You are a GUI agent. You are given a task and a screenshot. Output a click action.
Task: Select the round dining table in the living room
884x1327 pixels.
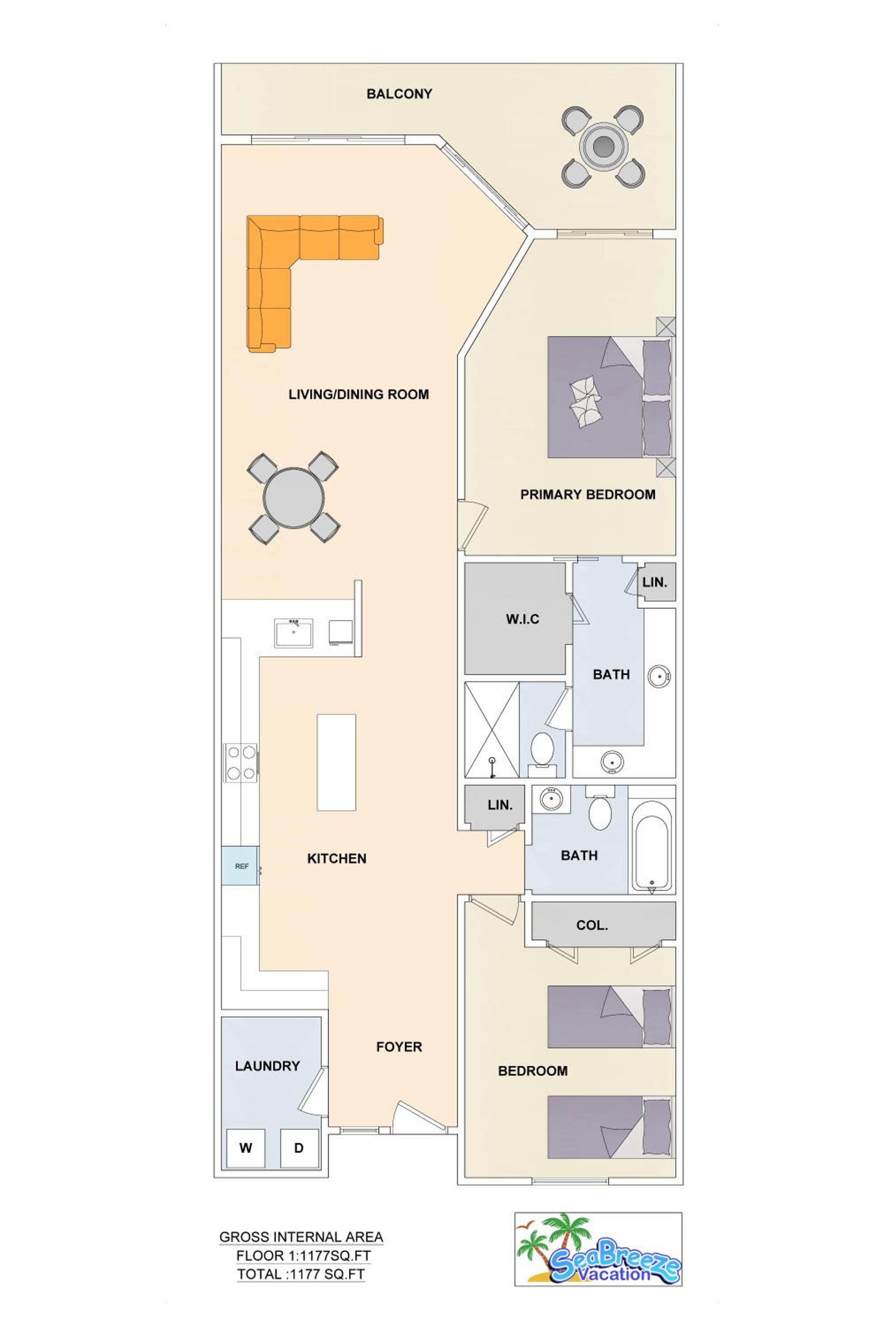click(x=294, y=498)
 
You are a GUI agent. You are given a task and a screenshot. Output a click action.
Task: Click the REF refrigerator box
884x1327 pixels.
click(x=241, y=866)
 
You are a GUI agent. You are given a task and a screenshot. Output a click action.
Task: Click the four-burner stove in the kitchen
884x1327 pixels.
click(x=241, y=763)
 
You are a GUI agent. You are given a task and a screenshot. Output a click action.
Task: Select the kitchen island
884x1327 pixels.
click(x=336, y=762)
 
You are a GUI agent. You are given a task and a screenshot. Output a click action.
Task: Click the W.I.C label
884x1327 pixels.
click(x=522, y=619)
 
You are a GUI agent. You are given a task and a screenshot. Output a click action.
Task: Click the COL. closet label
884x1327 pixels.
click(x=592, y=925)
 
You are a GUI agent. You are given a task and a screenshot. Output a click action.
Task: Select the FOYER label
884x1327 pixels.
click(x=399, y=1047)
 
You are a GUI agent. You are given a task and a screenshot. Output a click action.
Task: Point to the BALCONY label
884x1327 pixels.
click(x=399, y=94)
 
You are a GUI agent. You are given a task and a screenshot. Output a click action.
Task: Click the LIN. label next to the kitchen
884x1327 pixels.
click(x=500, y=805)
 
